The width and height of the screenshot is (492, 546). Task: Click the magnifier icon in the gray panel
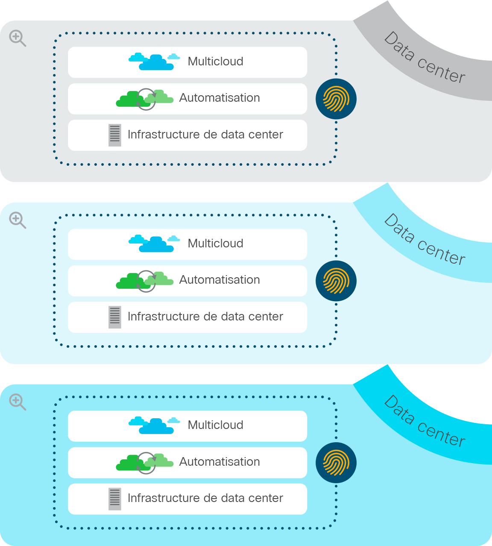[x=18, y=38]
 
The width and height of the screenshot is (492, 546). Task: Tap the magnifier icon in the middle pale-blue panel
[x=18, y=220]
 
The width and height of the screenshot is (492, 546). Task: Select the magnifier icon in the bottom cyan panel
[x=18, y=402]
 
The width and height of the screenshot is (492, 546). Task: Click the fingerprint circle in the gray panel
[x=336, y=99]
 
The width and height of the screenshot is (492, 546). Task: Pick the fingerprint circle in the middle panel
[x=336, y=281]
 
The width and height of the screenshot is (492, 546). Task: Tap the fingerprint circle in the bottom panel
[x=336, y=463]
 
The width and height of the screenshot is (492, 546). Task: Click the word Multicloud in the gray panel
[x=216, y=62]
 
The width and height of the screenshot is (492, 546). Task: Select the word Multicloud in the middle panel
[x=216, y=244]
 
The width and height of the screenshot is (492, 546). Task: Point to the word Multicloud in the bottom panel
[x=216, y=425]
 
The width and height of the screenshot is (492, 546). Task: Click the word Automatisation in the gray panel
[x=220, y=98]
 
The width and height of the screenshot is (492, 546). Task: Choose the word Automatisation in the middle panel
[x=220, y=280]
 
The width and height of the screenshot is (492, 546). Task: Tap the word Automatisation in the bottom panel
[x=220, y=462]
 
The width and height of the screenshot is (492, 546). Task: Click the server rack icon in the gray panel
[x=115, y=135]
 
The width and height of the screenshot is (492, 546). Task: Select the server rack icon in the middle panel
[x=115, y=317]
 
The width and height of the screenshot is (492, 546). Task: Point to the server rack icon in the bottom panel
[x=115, y=499]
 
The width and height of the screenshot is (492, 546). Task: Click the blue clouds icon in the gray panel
[x=154, y=62]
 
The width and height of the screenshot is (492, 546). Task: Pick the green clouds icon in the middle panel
[x=144, y=281]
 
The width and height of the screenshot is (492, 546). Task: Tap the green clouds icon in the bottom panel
[x=144, y=463]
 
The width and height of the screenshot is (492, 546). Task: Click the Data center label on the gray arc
[x=425, y=58]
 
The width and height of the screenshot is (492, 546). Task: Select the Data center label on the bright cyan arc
[x=425, y=422]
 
